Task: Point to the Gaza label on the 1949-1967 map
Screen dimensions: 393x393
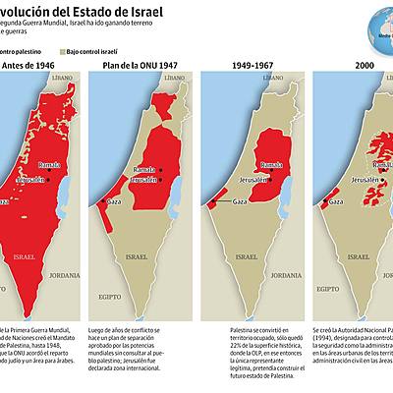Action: click(240, 199)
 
